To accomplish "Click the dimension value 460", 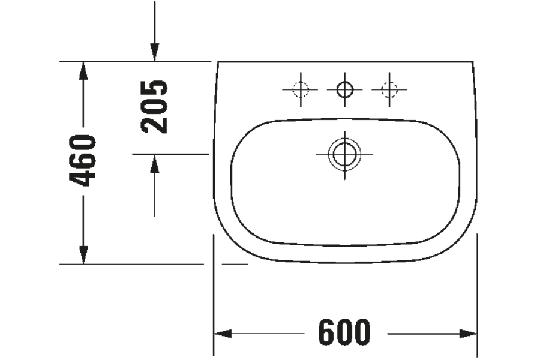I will (x=82, y=160).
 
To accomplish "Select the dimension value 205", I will (x=154, y=106).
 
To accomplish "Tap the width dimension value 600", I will (x=344, y=333).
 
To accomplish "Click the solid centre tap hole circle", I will (x=344, y=90).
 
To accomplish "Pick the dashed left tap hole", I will (x=300, y=90).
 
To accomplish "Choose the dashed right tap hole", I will (x=389, y=90).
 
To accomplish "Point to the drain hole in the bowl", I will (x=344, y=155).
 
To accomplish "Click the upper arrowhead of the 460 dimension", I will (x=83, y=70).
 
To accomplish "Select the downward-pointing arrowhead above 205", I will (x=154, y=53).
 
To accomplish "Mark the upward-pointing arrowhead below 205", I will (x=154, y=163).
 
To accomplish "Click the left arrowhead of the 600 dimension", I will (x=223, y=334).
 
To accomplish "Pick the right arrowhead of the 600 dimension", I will (x=468, y=334).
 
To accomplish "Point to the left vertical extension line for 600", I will (x=214, y=294).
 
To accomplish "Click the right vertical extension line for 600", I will (x=477, y=294).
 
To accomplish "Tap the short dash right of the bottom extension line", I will (x=235, y=263).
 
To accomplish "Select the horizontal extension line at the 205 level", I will (x=170, y=154).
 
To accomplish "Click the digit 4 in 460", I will (x=82, y=177).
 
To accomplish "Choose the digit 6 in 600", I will (x=327, y=333).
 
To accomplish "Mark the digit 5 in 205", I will (x=154, y=89).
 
